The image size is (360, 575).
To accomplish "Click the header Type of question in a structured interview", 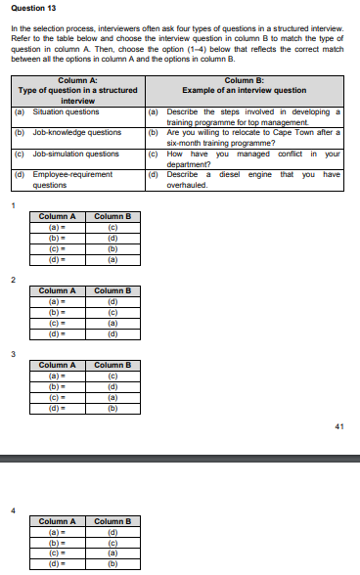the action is (x=78, y=94).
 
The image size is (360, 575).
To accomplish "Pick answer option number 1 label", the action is (x=14, y=205).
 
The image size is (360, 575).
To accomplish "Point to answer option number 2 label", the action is (x=14, y=281).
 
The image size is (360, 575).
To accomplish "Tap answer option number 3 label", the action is (x=14, y=354).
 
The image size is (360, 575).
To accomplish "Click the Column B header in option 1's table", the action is (x=112, y=216).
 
